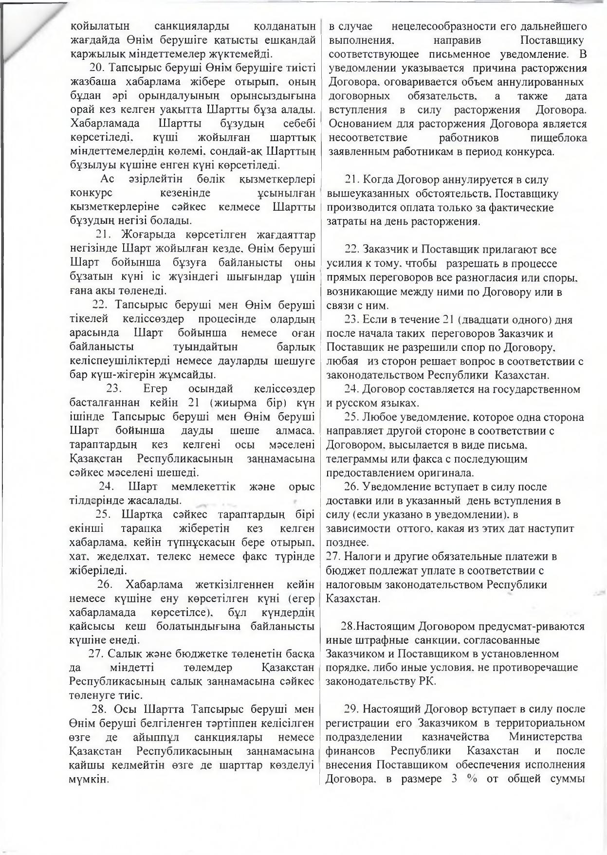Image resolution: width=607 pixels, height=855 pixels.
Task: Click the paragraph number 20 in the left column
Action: [96, 67]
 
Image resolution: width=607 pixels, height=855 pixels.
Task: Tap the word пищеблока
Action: [559, 138]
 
